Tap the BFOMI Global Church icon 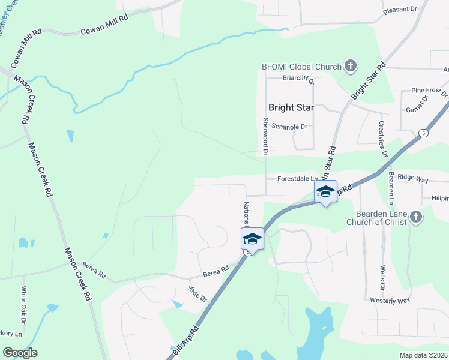pos(351,67)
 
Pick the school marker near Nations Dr pos(252,239)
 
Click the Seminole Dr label pos(289,127)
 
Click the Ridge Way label pos(412,179)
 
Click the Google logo pos(20,353)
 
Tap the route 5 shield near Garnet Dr pos(424,132)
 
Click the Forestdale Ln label pos(297,179)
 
